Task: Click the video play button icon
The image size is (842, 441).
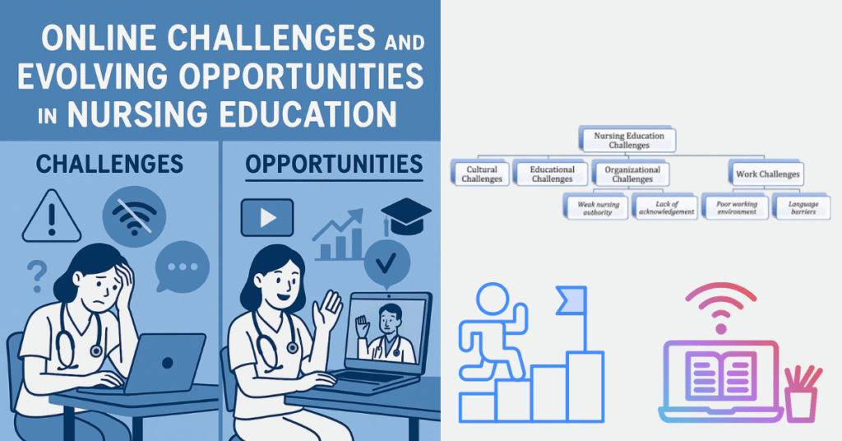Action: (x=266, y=217)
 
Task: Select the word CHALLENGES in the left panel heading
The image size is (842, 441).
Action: (x=109, y=164)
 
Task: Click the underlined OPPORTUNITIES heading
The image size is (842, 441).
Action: (x=334, y=165)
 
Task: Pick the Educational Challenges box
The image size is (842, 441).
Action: (x=551, y=173)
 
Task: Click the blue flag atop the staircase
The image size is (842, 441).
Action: (x=570, y=301)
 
